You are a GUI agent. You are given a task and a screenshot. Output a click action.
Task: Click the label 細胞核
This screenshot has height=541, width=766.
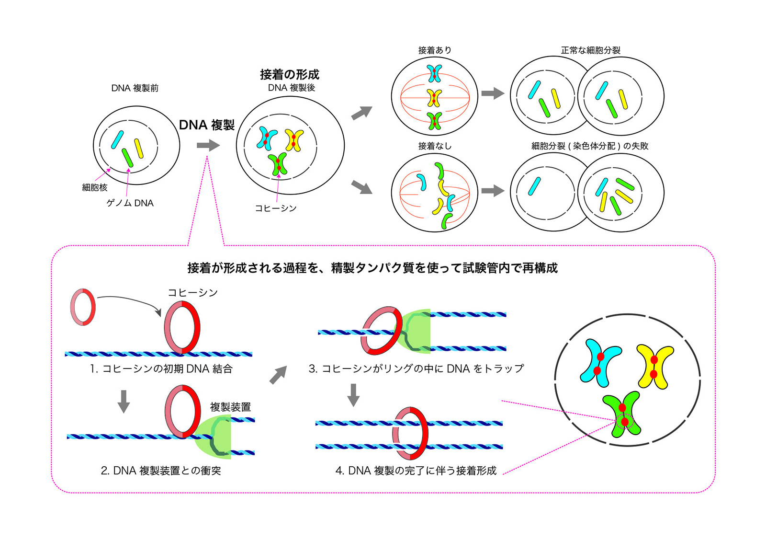[x=95, y=188]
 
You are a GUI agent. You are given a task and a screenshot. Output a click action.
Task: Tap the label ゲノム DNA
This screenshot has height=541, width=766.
[x=130, y=203]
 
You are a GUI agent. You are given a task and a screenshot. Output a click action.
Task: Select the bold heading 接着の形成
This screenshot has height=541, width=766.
[x=289, y=74]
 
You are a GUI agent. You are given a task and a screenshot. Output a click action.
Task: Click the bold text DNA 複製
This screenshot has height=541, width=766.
[x=207, y=125]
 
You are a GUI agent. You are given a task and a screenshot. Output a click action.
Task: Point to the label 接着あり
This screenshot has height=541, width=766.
[x=434, y=50]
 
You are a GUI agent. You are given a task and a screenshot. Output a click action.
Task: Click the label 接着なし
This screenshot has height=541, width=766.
[x=434, y=146]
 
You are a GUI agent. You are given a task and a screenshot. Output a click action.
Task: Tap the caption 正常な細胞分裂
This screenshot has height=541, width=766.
[x=590, y=50]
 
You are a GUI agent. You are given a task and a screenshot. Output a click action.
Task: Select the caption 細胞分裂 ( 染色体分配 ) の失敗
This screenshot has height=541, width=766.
[x=589, y=146]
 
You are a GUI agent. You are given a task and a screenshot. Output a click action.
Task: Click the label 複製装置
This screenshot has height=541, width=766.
[x=230, y=407]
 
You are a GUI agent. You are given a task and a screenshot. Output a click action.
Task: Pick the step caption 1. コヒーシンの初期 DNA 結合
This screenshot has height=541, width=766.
[x=161, y=369]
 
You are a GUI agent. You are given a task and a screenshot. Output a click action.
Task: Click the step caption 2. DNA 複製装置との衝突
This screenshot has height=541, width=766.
[x=161, y=471]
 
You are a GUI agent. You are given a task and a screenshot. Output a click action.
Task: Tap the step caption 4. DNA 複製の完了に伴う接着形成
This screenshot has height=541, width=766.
[x=416, y=471]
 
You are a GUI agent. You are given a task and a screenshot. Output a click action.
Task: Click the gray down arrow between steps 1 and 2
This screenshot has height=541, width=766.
[x=124, y=401]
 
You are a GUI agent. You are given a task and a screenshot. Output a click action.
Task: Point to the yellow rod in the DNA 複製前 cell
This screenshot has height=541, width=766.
[x=139, y=149]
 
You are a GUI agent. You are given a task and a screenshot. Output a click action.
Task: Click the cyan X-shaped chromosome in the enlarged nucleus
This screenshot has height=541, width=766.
[x=600, y=362]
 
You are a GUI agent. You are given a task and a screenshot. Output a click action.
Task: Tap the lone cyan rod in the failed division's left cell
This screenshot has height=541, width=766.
[x=534, y=186]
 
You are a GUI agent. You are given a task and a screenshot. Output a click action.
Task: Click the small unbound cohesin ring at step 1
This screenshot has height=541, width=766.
[x=83, y=307]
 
